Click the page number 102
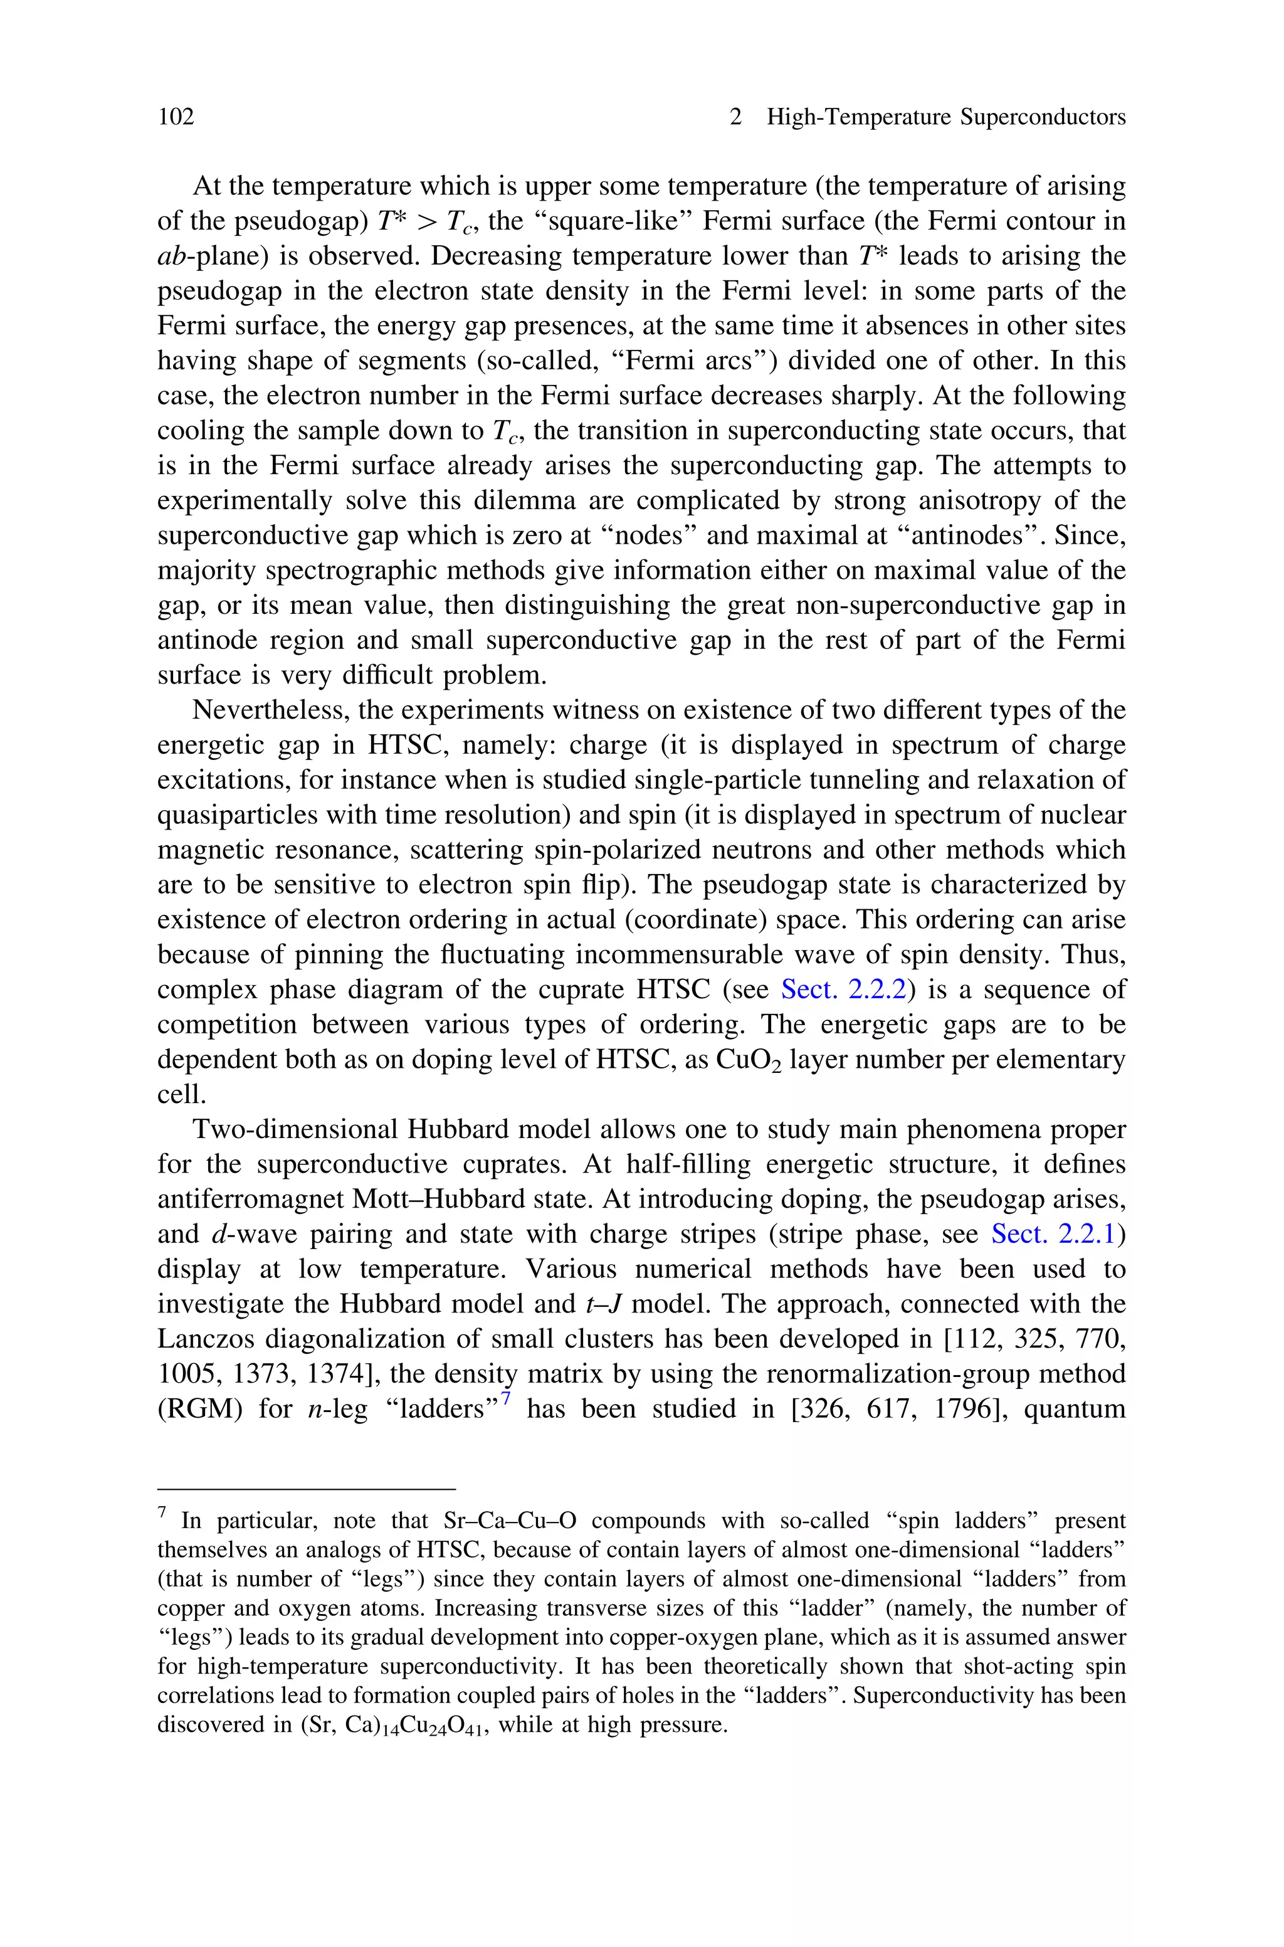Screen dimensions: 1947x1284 click(176, 118)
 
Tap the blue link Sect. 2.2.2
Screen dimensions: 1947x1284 click(843, 990)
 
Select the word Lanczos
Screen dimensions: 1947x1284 click(198, 1339)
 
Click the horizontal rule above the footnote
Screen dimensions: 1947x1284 click(305, 1489)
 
